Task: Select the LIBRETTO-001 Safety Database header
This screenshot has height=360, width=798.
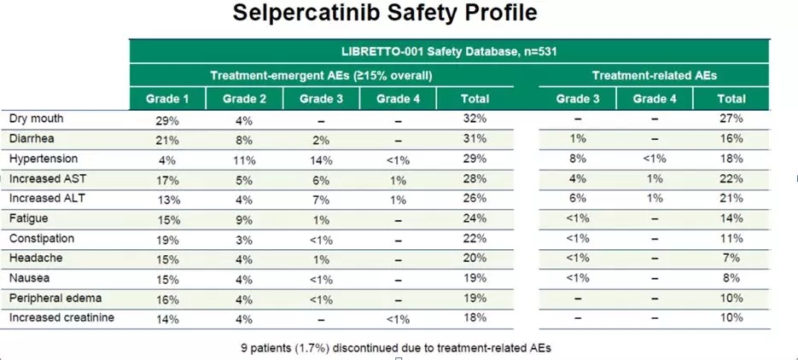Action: pos(448,51)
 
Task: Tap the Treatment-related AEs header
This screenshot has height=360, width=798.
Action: pos(654,75)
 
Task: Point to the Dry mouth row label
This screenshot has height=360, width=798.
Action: pos(36,119)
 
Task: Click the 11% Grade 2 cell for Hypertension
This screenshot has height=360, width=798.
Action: pos(244,159)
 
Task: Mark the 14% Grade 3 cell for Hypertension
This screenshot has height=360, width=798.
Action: pos(321,159)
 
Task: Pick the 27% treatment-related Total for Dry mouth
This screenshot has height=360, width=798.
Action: pos(731,119)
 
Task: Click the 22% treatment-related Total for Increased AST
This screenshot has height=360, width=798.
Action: pos(731,178)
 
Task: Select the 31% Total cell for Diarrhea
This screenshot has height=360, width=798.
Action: pos(475,139)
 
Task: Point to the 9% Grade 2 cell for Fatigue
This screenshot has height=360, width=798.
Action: pos(244,218)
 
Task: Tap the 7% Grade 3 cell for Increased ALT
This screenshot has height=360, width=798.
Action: pos(321,199)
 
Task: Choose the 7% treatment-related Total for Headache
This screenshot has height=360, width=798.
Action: pos(731,258)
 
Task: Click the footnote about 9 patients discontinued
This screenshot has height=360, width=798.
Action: pos(397,347)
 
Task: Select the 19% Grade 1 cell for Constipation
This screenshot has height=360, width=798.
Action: pos(167,239)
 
